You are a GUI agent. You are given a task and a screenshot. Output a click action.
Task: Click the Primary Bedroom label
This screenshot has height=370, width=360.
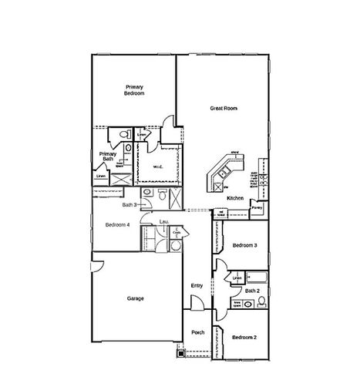tap(135, 89)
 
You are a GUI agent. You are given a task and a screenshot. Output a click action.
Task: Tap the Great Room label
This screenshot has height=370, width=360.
tap(224, 109)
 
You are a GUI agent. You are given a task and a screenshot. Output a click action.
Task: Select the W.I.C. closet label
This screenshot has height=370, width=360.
tap(156, 166)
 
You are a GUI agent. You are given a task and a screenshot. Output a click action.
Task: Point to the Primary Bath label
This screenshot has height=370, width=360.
tap(107, 156)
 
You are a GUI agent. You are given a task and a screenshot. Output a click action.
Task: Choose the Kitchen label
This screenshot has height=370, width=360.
tap(235, 198)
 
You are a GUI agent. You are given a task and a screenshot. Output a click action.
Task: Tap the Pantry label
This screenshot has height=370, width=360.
tap(257, 207)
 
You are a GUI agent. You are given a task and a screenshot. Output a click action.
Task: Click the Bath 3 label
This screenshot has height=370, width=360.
tap(130, 205)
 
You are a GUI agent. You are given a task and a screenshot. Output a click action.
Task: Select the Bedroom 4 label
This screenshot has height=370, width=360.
tap(117, 224)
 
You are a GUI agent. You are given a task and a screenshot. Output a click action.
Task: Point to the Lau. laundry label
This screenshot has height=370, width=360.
tap(163, 222)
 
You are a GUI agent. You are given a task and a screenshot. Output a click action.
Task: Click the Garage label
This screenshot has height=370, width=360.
tap(135, 298)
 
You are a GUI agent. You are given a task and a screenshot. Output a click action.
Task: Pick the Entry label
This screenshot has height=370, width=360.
tap(197, 286)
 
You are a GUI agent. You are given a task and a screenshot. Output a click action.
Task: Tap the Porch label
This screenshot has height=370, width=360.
tap(197, 332)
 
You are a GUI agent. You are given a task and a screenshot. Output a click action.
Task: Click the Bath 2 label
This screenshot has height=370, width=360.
tap(251, 291)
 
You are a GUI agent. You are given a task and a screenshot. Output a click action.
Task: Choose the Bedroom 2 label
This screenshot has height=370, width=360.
tap(244, 337)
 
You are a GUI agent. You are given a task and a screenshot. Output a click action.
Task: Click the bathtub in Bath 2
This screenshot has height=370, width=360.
tap(257, 277)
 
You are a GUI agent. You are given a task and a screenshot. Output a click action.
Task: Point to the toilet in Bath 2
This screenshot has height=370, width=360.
tap(261, 301)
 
